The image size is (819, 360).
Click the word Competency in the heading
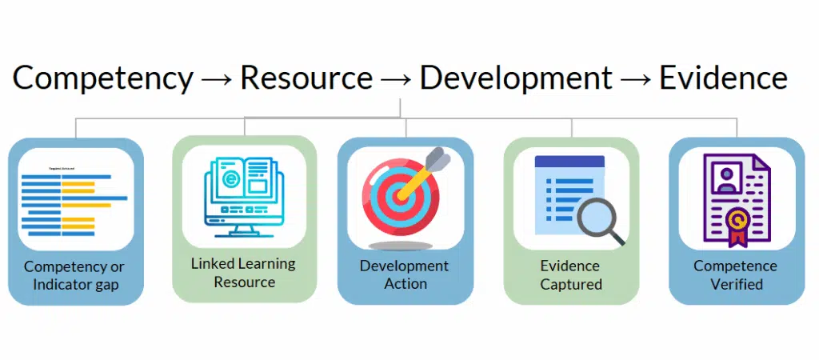coord(102,78)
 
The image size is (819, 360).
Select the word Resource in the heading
coord(306,78)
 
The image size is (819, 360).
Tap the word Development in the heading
coord(516,78)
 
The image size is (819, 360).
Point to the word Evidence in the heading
coord(722,78)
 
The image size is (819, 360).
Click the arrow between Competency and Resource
coord(217,79)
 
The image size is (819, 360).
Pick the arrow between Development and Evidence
coord(636,79)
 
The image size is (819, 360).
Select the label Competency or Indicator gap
coord(74,275)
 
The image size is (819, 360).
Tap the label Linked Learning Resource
coord(243,272)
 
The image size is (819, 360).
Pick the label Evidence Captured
coord(570,274)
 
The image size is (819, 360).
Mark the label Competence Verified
coord(735,274)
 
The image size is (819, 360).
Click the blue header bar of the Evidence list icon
coord(569,161)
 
